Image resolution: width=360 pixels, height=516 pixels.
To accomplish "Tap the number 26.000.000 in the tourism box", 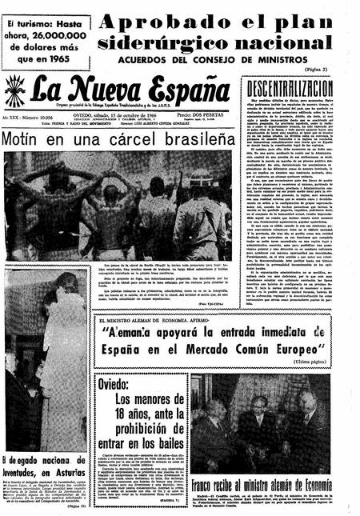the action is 54,35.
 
